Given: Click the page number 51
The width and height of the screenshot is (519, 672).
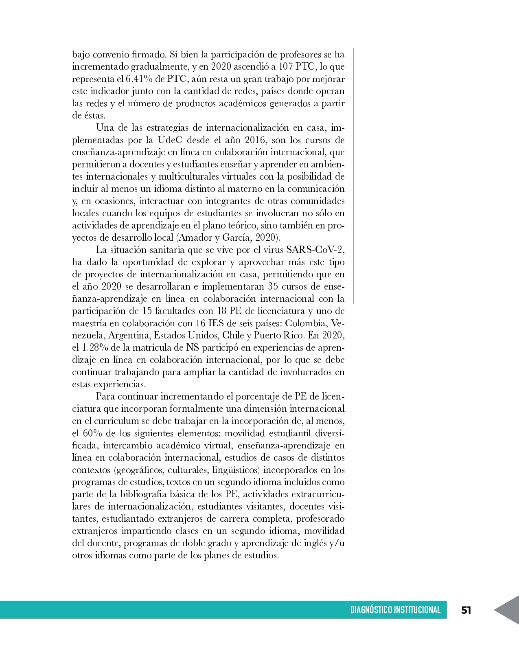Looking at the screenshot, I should pos(466,610).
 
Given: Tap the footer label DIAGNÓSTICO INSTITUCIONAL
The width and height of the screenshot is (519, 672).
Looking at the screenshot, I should pos(395,610).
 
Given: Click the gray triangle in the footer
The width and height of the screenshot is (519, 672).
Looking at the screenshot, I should pos(508,610).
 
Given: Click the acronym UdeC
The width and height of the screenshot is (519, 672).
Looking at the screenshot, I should pos(169,140).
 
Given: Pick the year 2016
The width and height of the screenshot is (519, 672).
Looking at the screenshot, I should pos(255,140).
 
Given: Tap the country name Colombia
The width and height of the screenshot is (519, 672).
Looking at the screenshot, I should pos(306,323).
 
